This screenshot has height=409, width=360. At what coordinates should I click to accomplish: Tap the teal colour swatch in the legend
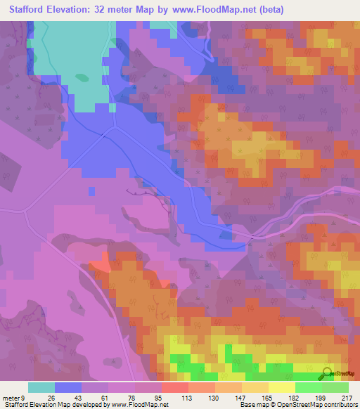click(41, 387)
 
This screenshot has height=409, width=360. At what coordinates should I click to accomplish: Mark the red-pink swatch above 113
click(174, 387)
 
